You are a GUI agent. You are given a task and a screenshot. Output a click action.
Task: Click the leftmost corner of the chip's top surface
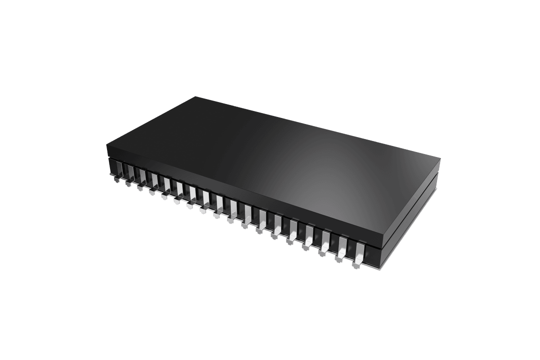106,145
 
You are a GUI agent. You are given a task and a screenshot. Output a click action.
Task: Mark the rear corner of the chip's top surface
196,97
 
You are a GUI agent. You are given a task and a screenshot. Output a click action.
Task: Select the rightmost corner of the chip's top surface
440,159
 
